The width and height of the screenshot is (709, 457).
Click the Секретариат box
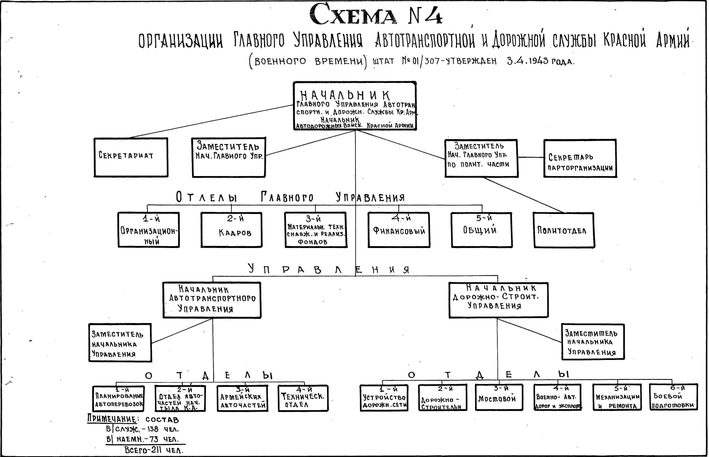pos(131,157)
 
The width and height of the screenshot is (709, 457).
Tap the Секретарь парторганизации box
pos(580,158)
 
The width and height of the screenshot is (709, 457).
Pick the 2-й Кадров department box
pos(231,230)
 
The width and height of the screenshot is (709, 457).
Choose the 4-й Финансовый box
pos(399,230)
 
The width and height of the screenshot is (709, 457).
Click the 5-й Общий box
pos(482,230)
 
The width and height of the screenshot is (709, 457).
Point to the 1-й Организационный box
pos(149,230)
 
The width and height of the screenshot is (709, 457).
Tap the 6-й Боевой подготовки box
pos(673,397)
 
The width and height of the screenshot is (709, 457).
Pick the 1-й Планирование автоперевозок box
pos(119,399)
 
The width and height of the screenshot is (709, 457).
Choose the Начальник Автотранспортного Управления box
pos(212,300)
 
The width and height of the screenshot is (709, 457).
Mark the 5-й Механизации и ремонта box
pos(617,397)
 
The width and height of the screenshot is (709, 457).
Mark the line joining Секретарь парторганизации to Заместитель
pos(531,157)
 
